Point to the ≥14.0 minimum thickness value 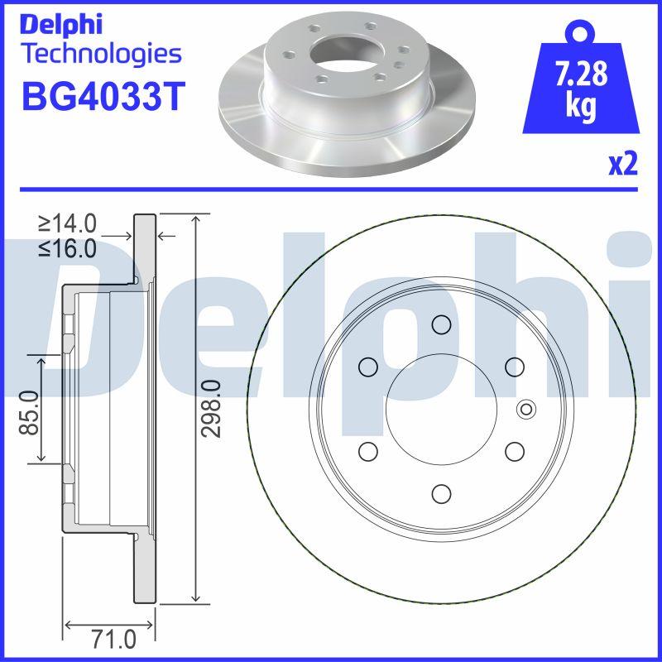pos(68,223)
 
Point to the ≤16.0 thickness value pos(68,248)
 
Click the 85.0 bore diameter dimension pos(31,412)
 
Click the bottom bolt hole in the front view pos(440,494)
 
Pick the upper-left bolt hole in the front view pos(367,366)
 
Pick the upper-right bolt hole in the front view pos(514,366)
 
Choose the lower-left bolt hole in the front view pos(367,451)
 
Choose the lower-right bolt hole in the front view pos(514,451)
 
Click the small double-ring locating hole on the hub pos(525,409)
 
